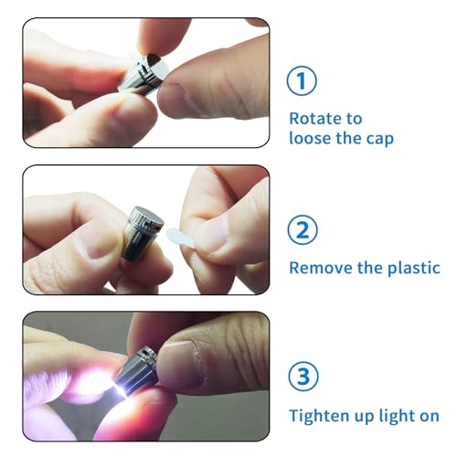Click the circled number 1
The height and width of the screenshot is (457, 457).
pos(302,81)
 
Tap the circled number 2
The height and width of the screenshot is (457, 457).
pos(303,230)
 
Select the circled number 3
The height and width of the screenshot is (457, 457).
pos(303,377)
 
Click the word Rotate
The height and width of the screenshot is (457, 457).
pos(314,119)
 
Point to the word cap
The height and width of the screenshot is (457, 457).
pos(380,140)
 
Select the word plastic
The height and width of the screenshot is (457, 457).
pos(414,269)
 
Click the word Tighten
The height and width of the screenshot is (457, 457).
pos(320,416)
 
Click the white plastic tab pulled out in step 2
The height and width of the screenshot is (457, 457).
pos(180,238)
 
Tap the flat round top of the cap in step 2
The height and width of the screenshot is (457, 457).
pos(149,216)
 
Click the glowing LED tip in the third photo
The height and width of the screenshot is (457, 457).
pos(122,390)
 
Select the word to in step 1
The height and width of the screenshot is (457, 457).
pos(354,119)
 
